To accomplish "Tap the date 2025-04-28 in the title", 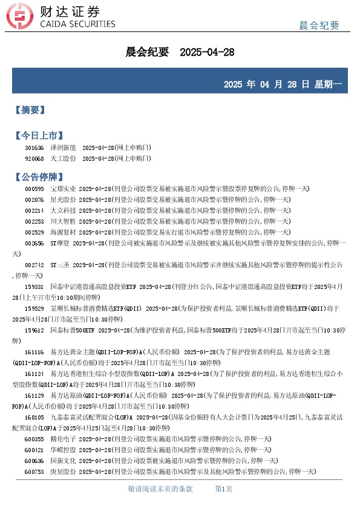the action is click(207, 53).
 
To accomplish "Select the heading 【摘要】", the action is click(30, 110).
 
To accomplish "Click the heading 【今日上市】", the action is click(39, 135).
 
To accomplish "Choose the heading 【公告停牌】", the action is click(39, 177).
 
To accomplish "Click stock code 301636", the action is click(34, 148).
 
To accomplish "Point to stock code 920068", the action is click(34, 158).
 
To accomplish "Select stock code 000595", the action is click(34, 189).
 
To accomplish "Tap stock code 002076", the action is click(34, 199).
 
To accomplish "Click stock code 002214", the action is click(34, 210).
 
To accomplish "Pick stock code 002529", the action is click(34, 232).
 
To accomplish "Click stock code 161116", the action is click(34, 352).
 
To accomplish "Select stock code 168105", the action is click(34, 417).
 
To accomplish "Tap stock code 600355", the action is click(34, 439).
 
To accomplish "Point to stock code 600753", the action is click(34, 471).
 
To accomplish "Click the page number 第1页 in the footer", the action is click(224, 488).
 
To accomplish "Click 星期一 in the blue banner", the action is click(328, 84).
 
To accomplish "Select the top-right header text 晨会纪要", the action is click(319, 25).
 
